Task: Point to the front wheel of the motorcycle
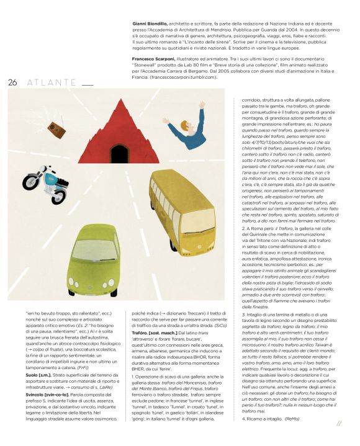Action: pos(29,181)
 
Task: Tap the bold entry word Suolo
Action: pos(34,375)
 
